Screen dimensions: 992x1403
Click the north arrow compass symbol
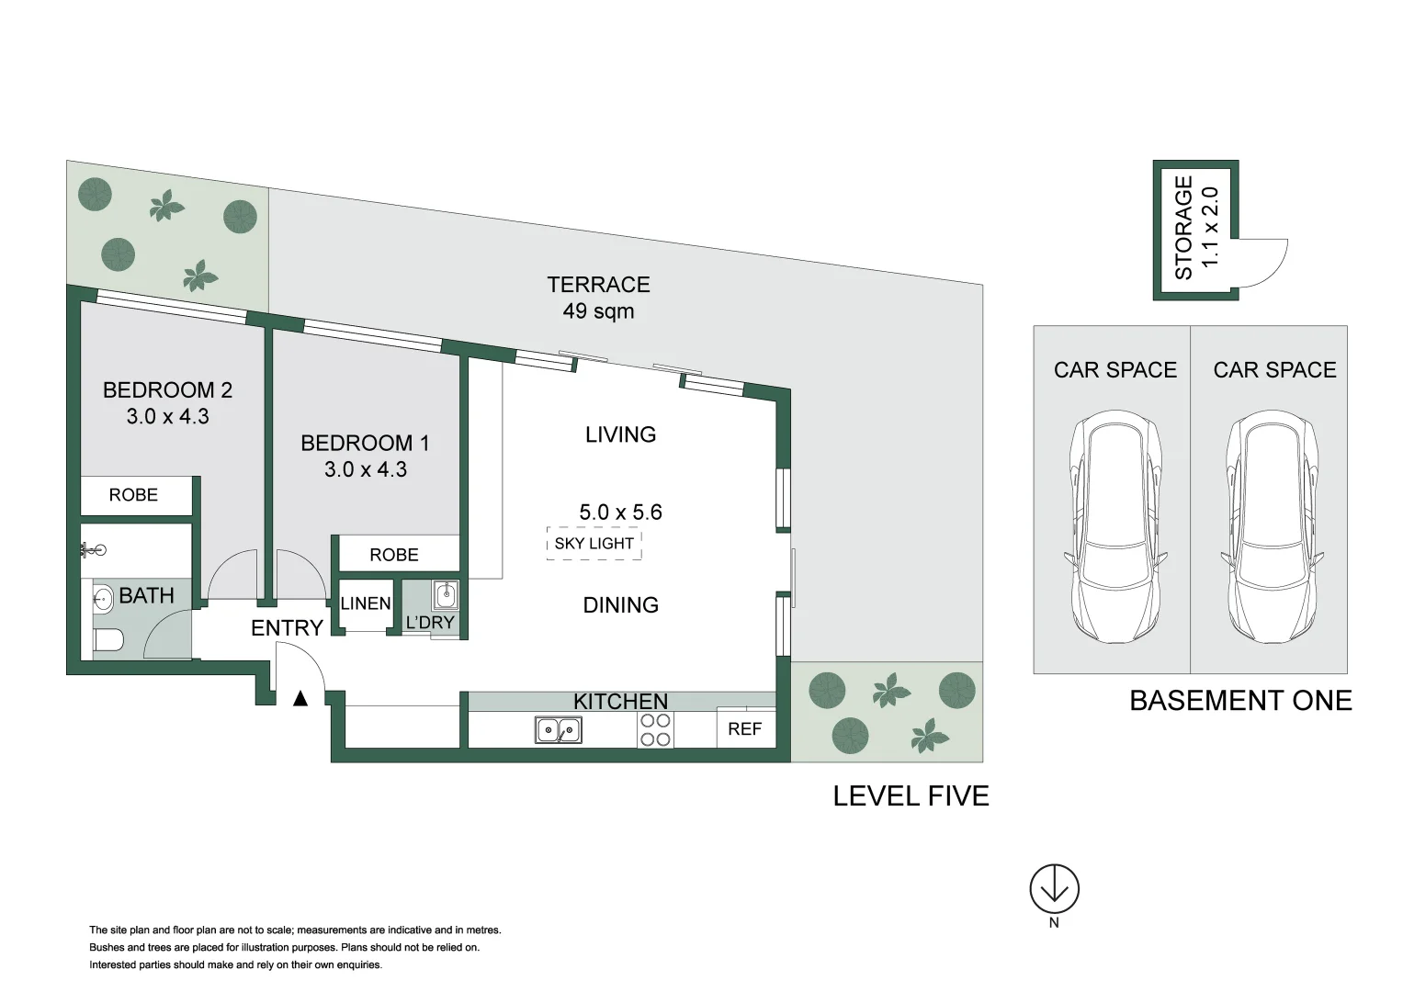1054,889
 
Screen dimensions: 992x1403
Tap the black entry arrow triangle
300,699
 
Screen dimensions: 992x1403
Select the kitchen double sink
558,730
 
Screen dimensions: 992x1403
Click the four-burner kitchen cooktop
655,730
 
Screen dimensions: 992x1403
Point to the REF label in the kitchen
744,729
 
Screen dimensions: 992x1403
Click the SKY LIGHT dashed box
594,544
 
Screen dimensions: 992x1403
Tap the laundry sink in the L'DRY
445,595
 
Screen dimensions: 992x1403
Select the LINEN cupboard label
366,603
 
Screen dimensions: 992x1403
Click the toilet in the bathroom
107,639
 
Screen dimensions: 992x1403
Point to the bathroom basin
103,600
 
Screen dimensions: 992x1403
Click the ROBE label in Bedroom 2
133,495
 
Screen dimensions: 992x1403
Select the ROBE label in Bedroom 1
393,555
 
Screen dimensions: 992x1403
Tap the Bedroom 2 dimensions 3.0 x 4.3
167,417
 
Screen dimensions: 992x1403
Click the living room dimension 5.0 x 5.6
620,513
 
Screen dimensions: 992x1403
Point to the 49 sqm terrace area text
598,311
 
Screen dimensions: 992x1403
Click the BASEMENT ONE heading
1239,701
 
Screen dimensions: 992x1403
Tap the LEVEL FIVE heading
911,796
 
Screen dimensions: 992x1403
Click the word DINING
620,605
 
